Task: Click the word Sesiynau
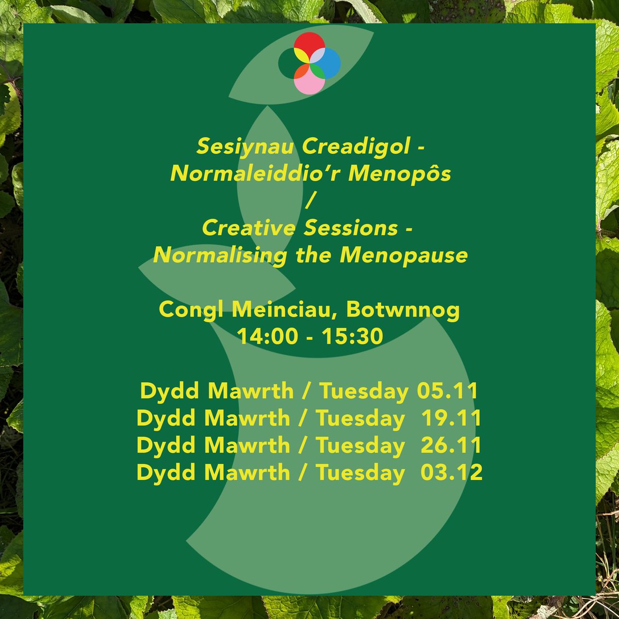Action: (246, 148)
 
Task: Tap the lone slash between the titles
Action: (309, 201)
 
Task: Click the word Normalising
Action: (220, 255)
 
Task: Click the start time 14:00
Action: (267, 336)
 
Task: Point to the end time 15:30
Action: (353, 336)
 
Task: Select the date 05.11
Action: (447, 392)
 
